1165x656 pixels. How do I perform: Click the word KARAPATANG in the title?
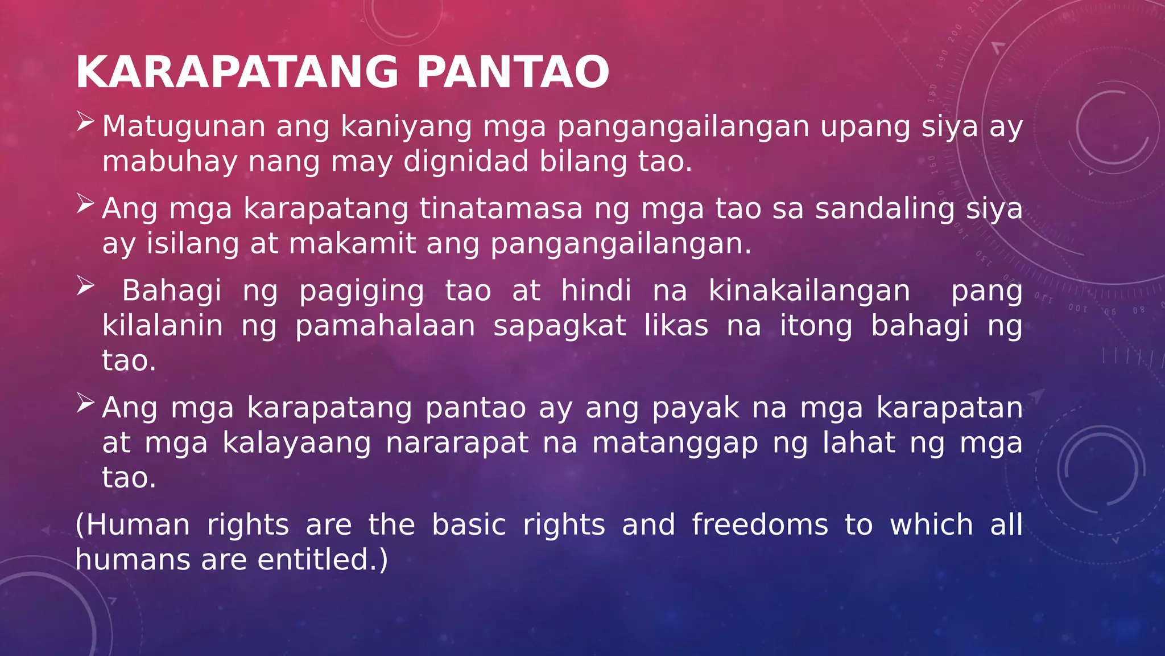coord(237,72)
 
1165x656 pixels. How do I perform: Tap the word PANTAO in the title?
coord(513,72)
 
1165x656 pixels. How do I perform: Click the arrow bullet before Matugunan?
coord(85,121)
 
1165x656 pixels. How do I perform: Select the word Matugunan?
coord(184,126)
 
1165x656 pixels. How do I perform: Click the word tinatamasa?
coord(501,208)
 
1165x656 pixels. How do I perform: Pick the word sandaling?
coord(885,208)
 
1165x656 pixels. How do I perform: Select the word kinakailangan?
coord(809,291)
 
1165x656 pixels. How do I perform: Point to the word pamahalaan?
coord(385,326)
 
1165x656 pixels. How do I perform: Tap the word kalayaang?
coord(296,444)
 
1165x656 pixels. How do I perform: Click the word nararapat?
coord(457,443)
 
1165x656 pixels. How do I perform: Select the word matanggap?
coord(675,444)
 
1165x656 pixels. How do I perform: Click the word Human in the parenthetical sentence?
coord(138,524)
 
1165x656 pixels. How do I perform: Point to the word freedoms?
coord(760,524)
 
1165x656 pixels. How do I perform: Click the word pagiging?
coord(361,291)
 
